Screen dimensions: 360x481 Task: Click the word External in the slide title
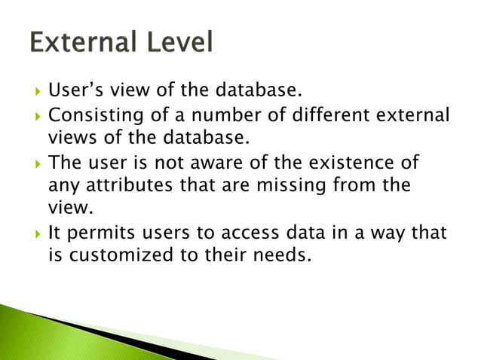coord(81,41)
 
